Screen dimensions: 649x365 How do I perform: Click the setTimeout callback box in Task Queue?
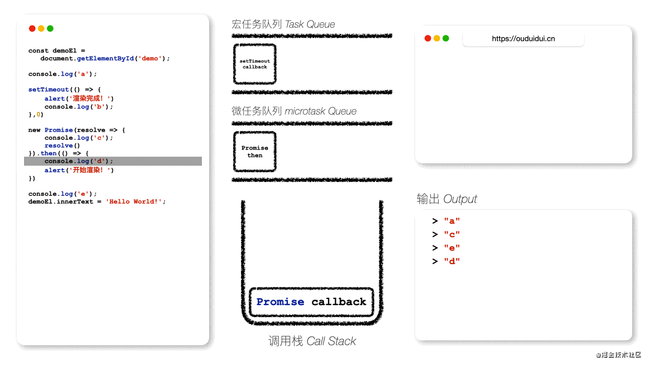tap(255, 64)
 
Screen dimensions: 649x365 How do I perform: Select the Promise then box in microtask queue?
tap(255, 152)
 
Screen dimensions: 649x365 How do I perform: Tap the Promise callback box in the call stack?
tap(311, 302)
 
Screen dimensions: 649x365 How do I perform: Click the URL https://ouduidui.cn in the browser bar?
tap(523, 39)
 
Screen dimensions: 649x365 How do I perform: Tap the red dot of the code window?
tap(32, 29)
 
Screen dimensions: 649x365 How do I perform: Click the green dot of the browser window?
tap(446, 38)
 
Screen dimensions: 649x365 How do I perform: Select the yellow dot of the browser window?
tap(437, 38)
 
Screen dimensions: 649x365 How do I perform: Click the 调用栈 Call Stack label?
tap(312, 341)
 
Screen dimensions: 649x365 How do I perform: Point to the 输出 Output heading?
tap(446, 199)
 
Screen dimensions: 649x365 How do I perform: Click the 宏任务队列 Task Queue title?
tap(283, 25)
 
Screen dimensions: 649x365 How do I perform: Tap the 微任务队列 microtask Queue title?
tap(294, 111)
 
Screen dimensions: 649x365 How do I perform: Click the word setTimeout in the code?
tap(49, 89)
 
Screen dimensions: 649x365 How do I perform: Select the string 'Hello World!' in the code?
tap(133, 202)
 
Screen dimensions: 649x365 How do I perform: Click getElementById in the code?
tap(105, 59)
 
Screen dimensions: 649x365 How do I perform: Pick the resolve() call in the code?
tap(62, 146)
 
